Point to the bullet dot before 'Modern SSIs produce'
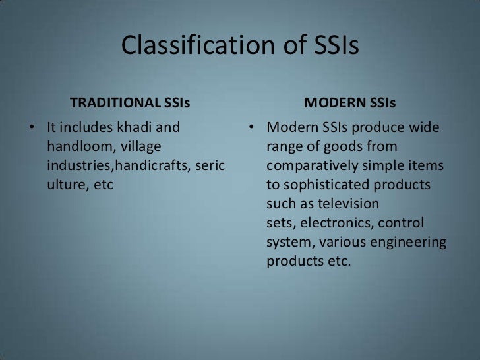click(x=251, y=127)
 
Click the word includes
click(x=86, y=127)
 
